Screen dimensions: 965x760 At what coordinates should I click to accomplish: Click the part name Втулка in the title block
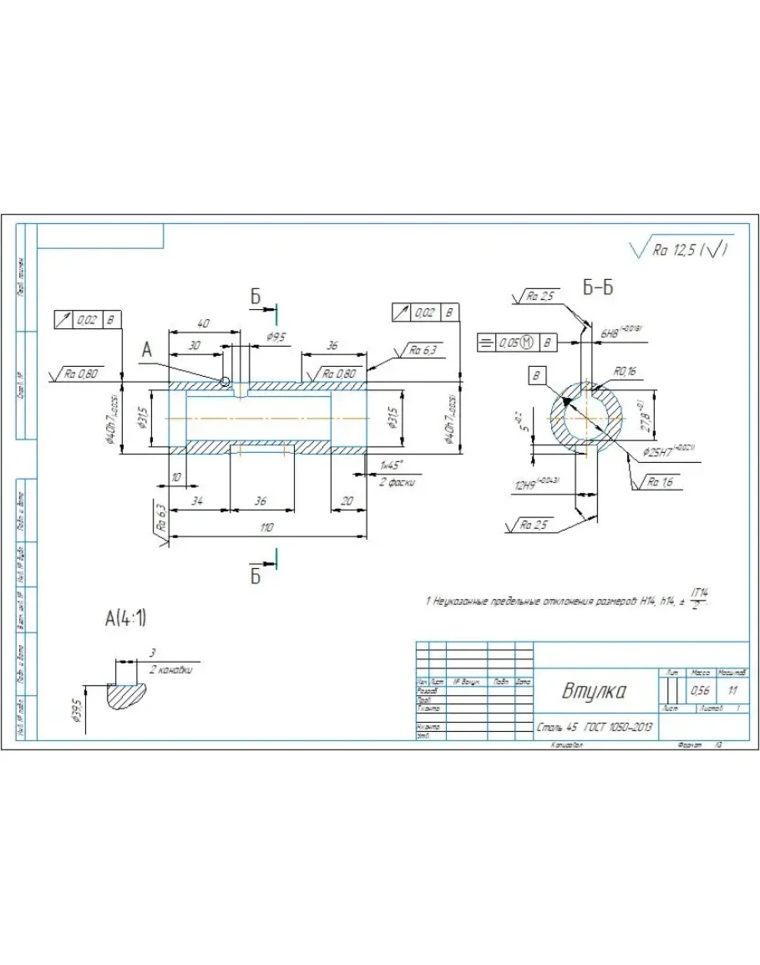595,692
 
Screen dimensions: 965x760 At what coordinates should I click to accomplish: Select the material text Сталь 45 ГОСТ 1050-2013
594,727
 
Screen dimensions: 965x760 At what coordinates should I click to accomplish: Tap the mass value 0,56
700,691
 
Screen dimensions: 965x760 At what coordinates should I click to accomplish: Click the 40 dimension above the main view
202,323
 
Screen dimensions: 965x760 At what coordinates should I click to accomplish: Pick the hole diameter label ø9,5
276,336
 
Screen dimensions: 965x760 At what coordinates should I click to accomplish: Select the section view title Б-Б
598,288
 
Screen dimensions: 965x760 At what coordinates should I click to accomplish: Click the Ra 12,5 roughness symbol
681,250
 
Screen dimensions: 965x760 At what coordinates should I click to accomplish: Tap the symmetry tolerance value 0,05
508,343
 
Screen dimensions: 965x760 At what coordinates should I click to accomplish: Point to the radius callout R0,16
626,370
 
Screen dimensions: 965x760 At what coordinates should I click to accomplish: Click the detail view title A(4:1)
125,619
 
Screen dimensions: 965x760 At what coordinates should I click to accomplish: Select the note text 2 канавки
172,670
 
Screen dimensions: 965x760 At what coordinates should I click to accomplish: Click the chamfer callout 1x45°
390,465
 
